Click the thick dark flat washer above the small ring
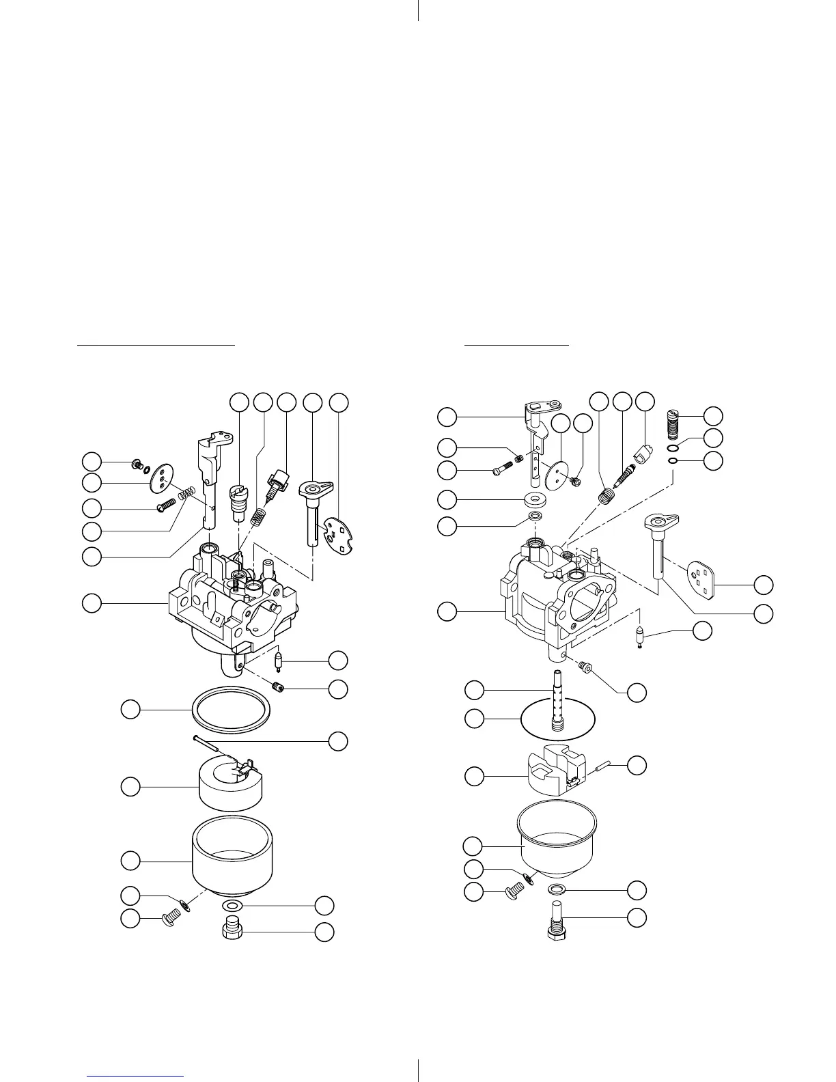click(535, 497)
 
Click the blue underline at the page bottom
click(136, 1077)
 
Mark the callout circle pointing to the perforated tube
click(474, 689)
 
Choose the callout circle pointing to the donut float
click(130, 787)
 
